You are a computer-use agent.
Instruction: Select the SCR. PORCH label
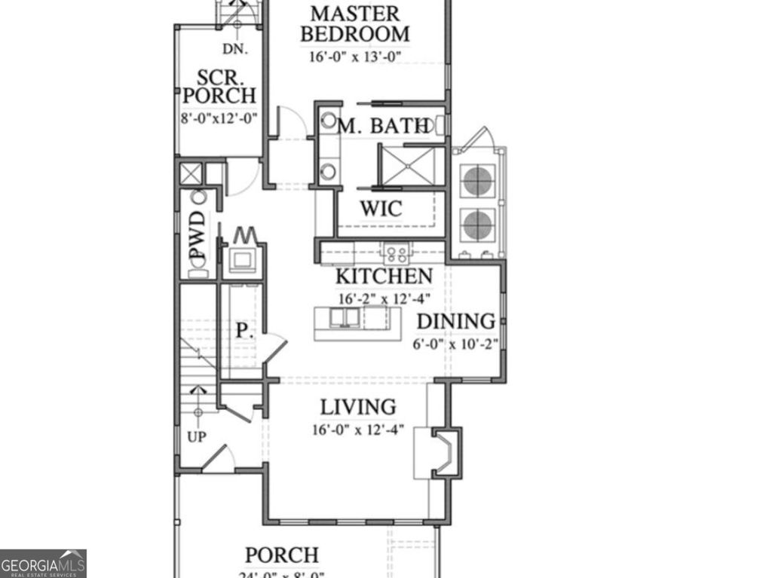coord(219,87)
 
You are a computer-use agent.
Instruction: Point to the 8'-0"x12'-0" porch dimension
coord(219,118)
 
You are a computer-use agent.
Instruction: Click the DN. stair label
coord(235,50)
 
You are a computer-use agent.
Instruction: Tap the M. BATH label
coord(384,127)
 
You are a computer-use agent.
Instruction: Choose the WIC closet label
coord(381,209)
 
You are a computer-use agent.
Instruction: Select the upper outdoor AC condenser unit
coord(477,181)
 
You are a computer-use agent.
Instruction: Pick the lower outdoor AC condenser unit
coord(477,225)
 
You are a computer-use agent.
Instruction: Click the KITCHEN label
coord(384,277)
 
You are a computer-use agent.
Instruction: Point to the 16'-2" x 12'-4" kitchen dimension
coord(384,298)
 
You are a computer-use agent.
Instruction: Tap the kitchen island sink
coord(345,318)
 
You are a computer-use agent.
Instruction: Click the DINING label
coord(456,322)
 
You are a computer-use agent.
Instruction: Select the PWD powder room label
coord(198,235)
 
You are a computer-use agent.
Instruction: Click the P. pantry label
coord(242,330)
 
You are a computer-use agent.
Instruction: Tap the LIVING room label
coord(358,408)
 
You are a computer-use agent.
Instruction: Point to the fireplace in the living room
coord(445,452)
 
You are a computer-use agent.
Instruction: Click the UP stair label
coord(196,437)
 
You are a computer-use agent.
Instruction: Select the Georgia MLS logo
coord(43,564)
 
